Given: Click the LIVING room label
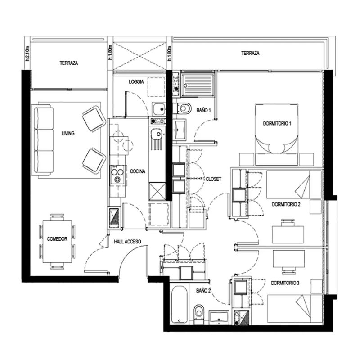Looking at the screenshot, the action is pos(68,133).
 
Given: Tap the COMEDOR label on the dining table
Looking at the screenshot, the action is pos(57,239).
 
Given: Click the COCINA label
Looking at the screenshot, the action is pos(138,171).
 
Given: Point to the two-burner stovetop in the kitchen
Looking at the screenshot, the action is pos(118,175).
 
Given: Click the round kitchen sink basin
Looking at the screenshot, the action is pos(158,133).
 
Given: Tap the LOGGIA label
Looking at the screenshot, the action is pos(136,82).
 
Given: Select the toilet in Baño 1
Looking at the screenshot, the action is pos(183,108).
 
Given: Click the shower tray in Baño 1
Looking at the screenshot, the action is pos(198,85).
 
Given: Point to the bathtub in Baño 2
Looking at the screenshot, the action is pos(179,305).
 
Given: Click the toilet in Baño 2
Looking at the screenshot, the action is pos(198,314).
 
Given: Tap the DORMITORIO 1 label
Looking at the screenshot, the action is pos(277,123).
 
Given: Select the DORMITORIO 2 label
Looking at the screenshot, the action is pos(286,204).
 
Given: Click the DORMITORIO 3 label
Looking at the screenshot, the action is pos(285,283).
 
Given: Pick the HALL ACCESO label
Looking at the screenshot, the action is pos(127,242).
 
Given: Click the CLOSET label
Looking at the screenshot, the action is pos(213,179).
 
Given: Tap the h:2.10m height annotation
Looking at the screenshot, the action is pos(27,54).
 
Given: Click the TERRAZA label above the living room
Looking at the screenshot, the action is pos(69,63).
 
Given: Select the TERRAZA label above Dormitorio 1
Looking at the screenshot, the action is pos(250,53).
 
